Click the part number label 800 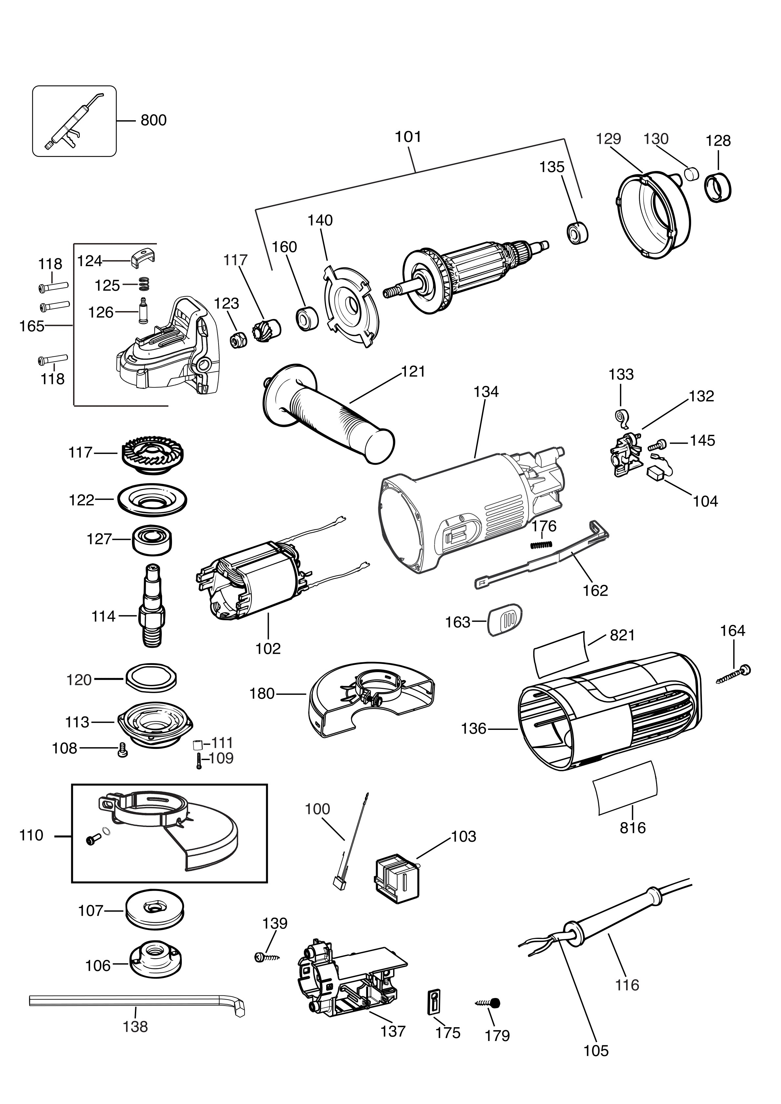pos(154,120)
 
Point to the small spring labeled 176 pos(541,544)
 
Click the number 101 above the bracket pos(408,137)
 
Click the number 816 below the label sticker pos(632,828)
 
